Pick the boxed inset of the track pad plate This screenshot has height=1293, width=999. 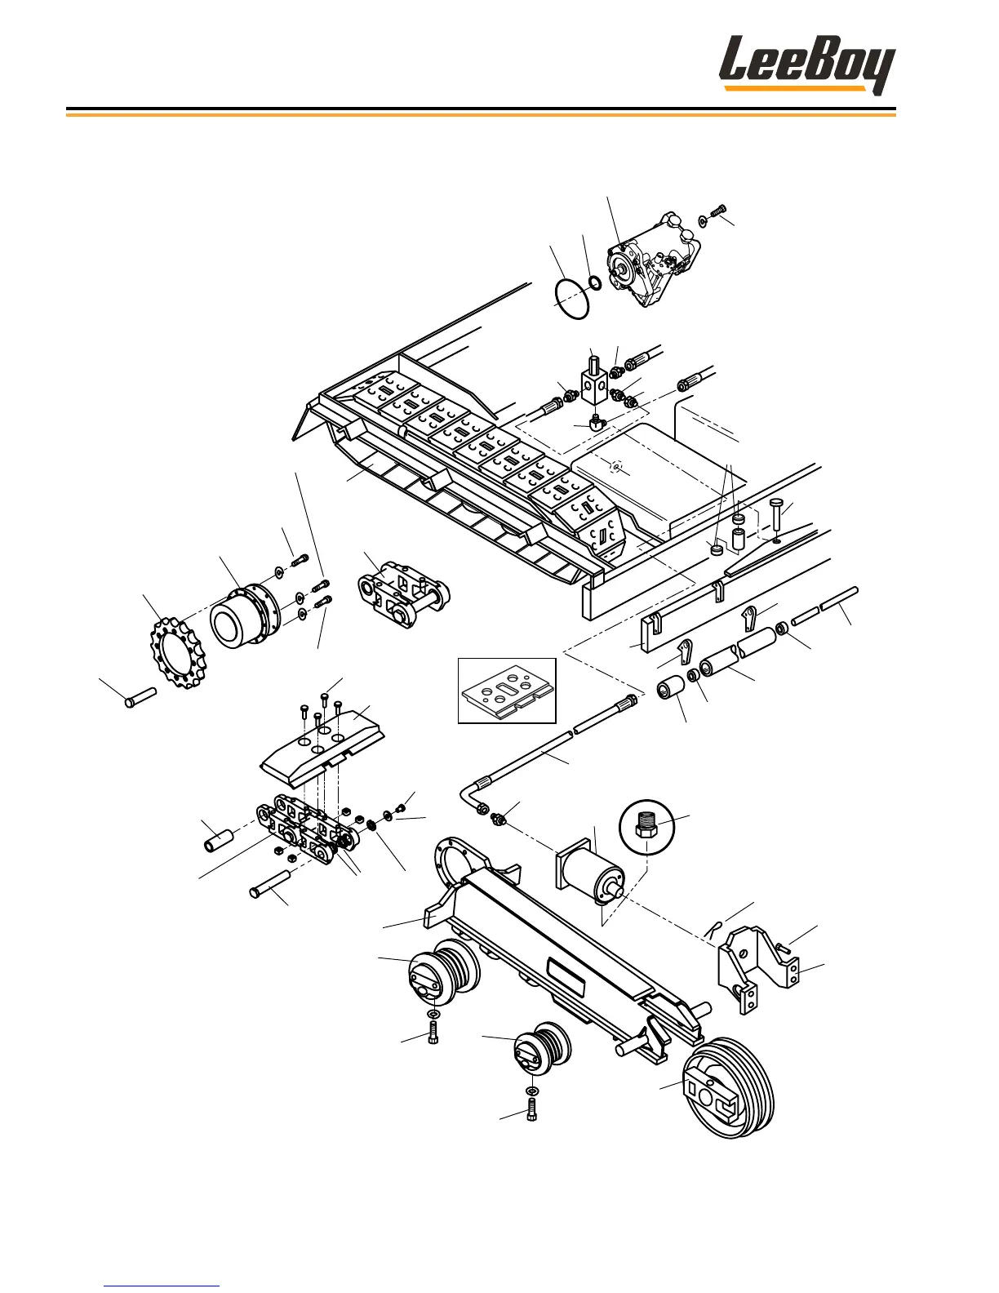click(x=507, y=691)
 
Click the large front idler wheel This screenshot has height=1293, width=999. click(x=729, y=1086)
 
